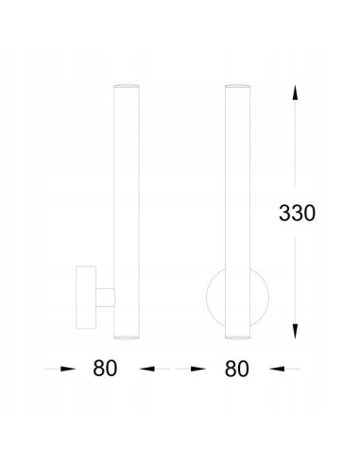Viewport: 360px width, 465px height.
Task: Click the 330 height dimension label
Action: point(297,213)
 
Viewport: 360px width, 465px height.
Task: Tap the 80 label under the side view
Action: point(105,369)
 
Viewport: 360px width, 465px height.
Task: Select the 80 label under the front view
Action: point(237,369)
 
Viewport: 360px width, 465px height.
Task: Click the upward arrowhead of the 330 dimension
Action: point(295,92)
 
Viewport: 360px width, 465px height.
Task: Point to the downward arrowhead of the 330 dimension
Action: point(295,331)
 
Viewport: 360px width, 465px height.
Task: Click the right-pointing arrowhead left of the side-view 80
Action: point(68,369)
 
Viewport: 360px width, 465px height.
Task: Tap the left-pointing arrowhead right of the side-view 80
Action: point(146,369)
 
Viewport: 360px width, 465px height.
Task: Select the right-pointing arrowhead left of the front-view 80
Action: point(198,369)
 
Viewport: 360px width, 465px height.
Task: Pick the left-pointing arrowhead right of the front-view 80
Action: point(277,369)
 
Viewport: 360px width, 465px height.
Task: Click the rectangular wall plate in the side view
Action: point(86,298)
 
